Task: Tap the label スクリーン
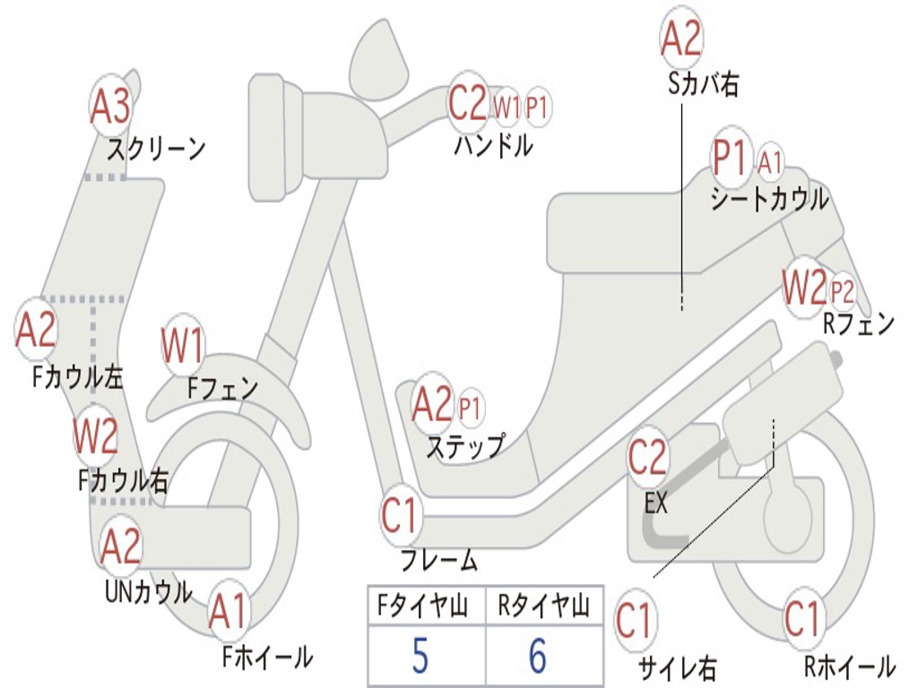(156, 148)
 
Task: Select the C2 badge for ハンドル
(467, 104)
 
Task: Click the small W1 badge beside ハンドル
(507, 107)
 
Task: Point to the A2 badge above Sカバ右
(680, 39)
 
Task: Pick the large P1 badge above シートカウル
(731, 159)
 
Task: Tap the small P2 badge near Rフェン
(842, 290)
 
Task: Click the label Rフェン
(859, 324)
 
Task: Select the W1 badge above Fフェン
(183, 346)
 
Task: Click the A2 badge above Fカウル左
(37, 331)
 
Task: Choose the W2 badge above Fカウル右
(96, 436)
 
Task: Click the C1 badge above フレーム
(400, 517)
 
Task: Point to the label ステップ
(464, 446)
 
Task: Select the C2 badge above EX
(647, 458)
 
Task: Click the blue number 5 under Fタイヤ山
(420, 657)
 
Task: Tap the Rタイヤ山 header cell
(543, 607)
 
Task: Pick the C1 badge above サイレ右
(635, 621)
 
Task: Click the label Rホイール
(849, 666)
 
